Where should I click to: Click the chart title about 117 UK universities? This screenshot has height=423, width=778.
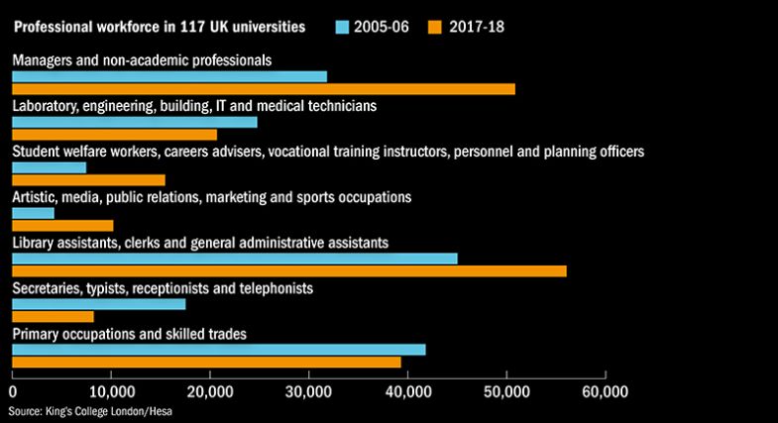pyautogui.click(x=159, y=24)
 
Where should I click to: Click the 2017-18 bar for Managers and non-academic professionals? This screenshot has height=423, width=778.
pyautogui.click(x=263, y=89)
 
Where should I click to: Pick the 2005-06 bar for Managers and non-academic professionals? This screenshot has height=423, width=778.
pyautogui.click(x=168, y=76)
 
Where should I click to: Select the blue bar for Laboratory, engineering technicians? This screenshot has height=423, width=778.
pyautogui.click(x=134, y=122)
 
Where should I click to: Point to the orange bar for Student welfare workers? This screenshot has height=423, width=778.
pyautogui.click(x=88, y=179)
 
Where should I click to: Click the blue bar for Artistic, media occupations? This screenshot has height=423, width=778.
pyautogui.click(x=33, y=213)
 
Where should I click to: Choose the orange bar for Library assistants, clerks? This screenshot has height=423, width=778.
pyautogui.click(x=288, y=270)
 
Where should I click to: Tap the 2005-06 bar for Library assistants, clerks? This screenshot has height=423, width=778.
pyautogui.click(x=234, y=259)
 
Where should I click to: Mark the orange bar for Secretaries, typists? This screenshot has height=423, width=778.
pyautogui.click(x=53, y=316)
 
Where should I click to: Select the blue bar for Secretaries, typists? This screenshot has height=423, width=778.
pyautogui.click(x=98, y=304)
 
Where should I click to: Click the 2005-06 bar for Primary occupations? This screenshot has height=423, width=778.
pyautogui.click(x=218, y=350)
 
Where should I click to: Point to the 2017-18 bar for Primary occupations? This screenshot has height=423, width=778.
pyautogui.click(x=206, y=362)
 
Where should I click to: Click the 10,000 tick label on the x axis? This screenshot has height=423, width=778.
pyautogui.click(x=111, y=391)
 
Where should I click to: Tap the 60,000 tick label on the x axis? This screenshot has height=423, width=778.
pyautogui.click(x=605, y=391)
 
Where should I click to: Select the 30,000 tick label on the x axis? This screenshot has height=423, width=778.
pyautogui.click(x=308, y=391)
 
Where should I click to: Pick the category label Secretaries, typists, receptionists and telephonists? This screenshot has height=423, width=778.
pyautogui.click(x=163, y=288)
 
